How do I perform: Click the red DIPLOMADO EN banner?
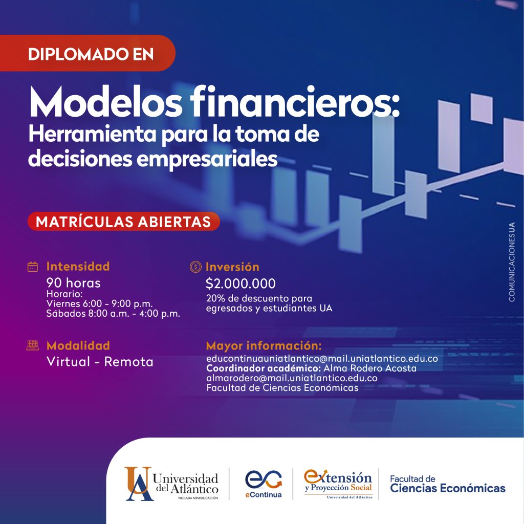pyautogui.click(x=88, y=53)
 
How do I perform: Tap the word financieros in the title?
pyautogui.click(x=295, y=101)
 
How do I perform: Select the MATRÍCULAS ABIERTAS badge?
pyautogui.click(x=124, y=222)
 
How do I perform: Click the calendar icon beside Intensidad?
pyautogui.click(x=32, y=267)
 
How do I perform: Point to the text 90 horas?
pyautogui.click(x=73, y=282)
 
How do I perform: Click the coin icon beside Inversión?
pyautogui.click(x=195, y=267)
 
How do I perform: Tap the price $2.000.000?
pyautogui.click(x=241, y=283)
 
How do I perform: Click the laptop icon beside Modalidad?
pyautogui.click(x=32, y=345)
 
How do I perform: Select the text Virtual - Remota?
pyautogui.click(x=100, y=362)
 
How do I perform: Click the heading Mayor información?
pyautogui.click(x=264, y=345)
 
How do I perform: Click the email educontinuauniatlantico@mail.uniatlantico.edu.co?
pyautogui.click(x=322, y=359)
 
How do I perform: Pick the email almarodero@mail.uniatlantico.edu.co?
pyautogui.click(x=292, y=378)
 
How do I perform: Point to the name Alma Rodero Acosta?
pyautogui.click(x=370, y=368)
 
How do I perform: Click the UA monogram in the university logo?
pyautogui.click(x=139, y=484)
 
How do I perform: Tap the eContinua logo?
pyautogui.click(x=264, y=484)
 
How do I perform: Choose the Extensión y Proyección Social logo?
pyautogui.click(x=338, y=484)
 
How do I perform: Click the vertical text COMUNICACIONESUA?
pyautogui.click(x=512, y=262)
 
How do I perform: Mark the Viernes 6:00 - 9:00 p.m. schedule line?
pyautogui.click(x=100, y=303)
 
